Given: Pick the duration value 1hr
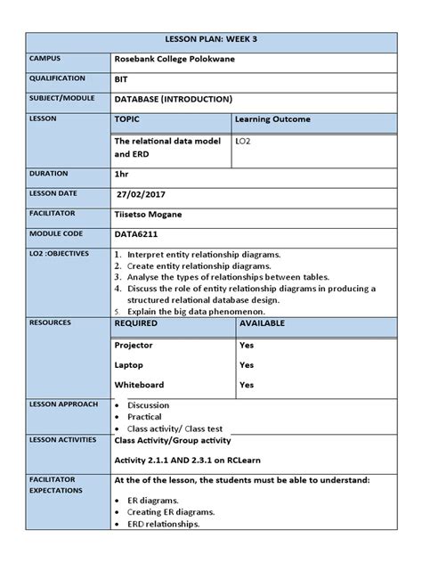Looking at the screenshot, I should (123, 175).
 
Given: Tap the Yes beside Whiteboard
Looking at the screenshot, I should (247, 385).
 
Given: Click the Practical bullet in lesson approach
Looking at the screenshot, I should (145, 416).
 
